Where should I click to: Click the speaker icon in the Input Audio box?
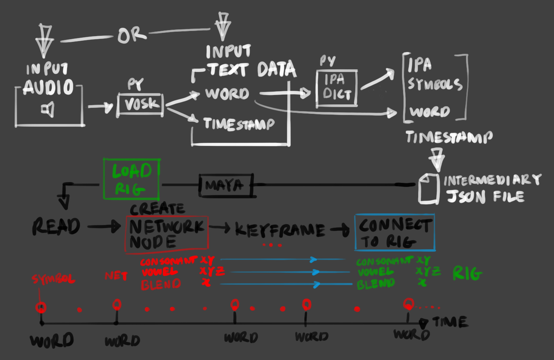click(48, 110)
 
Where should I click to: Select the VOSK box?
click(140, 104)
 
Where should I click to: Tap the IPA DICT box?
click(336, 88)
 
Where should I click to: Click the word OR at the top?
click(131, 35)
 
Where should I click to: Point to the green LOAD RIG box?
click(131, 179)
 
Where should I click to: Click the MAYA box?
click(226, 185)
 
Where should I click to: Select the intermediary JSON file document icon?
click(429, 188)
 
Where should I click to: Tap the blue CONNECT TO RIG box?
click(394, 232)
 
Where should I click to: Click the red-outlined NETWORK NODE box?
click(166, 233)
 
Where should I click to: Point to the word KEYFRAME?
click(279, 230)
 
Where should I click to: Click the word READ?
click(56, 227)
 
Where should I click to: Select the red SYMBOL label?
click(53, 279)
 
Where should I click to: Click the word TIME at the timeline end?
click(450, 322)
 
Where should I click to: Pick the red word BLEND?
click(161, 285)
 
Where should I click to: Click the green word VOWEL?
click(375, 272)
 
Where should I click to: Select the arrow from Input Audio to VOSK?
click(100, 107)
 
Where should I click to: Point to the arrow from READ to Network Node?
click(104, 227)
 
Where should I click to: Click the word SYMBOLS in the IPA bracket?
click(434, 84)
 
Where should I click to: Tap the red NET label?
click(116, 276)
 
